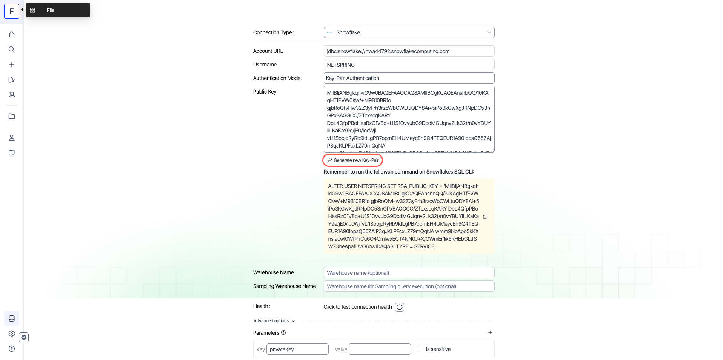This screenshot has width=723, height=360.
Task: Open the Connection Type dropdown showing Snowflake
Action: pyautogui.click(x=409, y=32)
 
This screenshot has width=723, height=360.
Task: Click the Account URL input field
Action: pyautogui.click(x=409, y=51)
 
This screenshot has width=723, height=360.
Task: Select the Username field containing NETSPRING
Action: pyautogui.click(x=409, y=65)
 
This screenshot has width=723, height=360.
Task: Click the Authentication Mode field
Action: pyautogui.click(x=409, y=78)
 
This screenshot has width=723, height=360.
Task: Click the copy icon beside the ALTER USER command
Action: pyautogui.click(x=486, y=216)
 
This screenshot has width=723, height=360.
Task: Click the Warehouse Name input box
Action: pyautogui.click(x=409, y=273)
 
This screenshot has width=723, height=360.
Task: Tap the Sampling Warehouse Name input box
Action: pyautogui.click(x=409, y=286)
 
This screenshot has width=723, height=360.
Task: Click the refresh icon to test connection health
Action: pyautogui.click(x=400, y=307)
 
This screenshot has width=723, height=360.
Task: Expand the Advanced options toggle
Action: pyautogui.click(x=274, y=321)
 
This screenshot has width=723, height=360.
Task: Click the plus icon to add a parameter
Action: pyautogui.click(x=490, y=332)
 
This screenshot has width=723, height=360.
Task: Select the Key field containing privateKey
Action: pyautogui.click(x=297, y=349)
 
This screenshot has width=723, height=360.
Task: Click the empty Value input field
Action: pyautogui.click(x=379, y=349)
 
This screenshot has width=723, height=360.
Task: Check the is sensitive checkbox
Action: pyautogui.click(x=420, y=349)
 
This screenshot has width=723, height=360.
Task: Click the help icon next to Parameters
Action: pyautogui.click(x=283, y=332)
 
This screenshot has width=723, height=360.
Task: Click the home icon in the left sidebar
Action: pyautogui.click(x=12, y=35)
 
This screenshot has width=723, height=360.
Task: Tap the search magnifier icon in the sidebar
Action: pyautogui.click(x=12, y=49)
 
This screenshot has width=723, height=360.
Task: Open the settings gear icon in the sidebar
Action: pyautogui.click(x=12, y=334)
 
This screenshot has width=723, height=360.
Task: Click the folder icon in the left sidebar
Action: pyautogui.click(x=12, y=116)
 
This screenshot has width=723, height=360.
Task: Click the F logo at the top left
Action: pyautogui.click(x=12, y=11)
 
